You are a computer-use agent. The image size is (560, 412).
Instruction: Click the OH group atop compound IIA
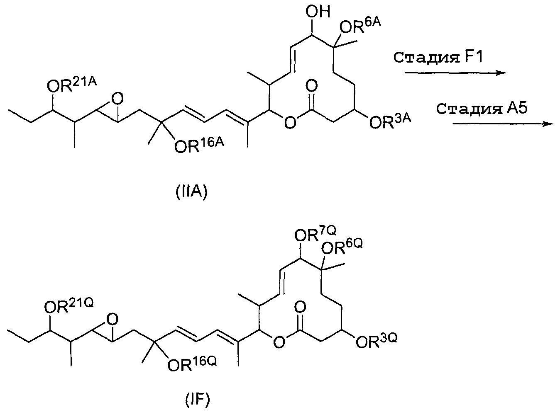pos(318,12)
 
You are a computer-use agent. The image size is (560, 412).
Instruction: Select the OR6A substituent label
pos(360,27)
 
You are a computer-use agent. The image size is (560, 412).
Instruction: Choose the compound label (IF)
pos(197,400)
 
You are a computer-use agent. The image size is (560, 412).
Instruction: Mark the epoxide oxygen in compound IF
pos(111,320)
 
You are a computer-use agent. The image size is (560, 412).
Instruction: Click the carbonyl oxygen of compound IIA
pos(312,86)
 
